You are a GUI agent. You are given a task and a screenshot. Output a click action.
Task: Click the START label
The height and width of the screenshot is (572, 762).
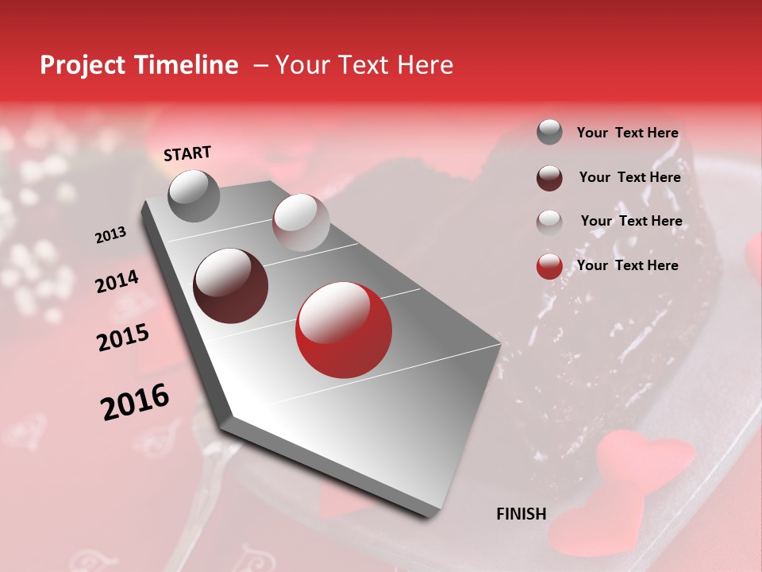(x=187, y=153)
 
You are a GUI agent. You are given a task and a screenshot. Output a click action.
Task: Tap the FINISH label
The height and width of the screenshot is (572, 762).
(x=521, y=514)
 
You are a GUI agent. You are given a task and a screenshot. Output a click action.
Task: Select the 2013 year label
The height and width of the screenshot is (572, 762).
(x=110, y=235)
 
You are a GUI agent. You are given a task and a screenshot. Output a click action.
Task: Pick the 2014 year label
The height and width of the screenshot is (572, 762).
(x=117, y=282)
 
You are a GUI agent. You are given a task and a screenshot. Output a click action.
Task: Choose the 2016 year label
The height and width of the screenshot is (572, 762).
(x=135, y=402)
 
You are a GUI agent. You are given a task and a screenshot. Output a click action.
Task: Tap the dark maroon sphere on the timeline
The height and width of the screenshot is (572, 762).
(x=231, y=286)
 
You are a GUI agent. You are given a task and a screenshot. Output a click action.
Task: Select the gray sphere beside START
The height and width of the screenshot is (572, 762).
(x=194, y=195)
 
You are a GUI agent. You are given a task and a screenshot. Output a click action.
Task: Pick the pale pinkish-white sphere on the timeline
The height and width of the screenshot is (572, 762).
(x=301, y=222)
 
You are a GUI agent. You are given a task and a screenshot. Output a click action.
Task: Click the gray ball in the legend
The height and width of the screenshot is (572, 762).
(x=549, y=132)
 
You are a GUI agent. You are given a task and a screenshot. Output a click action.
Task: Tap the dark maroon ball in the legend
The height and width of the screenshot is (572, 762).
(x=549, y=177)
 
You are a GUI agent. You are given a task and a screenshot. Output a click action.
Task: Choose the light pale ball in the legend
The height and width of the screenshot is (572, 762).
(x=549, y=222)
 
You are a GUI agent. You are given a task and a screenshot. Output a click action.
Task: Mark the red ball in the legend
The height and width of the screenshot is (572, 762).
(x=549, y=266)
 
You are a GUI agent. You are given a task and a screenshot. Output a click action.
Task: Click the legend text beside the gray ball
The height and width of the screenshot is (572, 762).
(x=627, y=133)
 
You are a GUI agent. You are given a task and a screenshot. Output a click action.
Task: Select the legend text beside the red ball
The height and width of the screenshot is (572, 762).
(x=627, y=265)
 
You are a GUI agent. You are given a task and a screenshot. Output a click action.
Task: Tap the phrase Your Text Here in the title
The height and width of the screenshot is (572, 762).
(x=364, y=65)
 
